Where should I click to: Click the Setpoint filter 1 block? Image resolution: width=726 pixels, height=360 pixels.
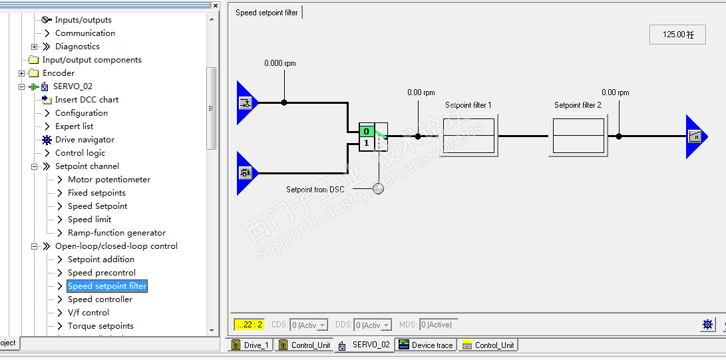(468, 136)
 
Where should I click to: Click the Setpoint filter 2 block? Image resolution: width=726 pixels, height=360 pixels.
(578, 136)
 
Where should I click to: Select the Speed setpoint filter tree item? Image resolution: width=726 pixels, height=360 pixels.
(107, 286)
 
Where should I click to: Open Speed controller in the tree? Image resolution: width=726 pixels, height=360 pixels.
(100, 299)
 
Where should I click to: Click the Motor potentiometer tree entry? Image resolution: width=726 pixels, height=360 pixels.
(108, 180)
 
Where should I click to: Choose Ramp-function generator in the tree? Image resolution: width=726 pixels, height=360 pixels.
(116, 233)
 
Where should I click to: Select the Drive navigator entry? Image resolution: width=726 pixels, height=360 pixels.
(85, 140)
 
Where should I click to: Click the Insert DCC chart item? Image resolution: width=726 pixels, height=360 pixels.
(87, 100)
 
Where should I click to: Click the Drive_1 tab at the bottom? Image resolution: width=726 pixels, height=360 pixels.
(256, 345)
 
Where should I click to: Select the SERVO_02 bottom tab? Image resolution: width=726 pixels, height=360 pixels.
(370, 345)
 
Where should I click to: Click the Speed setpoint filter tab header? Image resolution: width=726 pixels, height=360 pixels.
(267, 13)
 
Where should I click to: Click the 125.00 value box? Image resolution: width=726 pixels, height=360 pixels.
(677, 35)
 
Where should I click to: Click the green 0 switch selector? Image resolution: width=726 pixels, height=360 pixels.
(366, 131)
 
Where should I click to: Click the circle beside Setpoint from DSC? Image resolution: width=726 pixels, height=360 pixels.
(378, 189)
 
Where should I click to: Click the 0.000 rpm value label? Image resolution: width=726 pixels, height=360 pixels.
(279, 63)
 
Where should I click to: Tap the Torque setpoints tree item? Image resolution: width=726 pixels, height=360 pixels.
(100, 326)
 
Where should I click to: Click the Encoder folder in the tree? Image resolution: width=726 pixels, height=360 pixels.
(58, 73)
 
